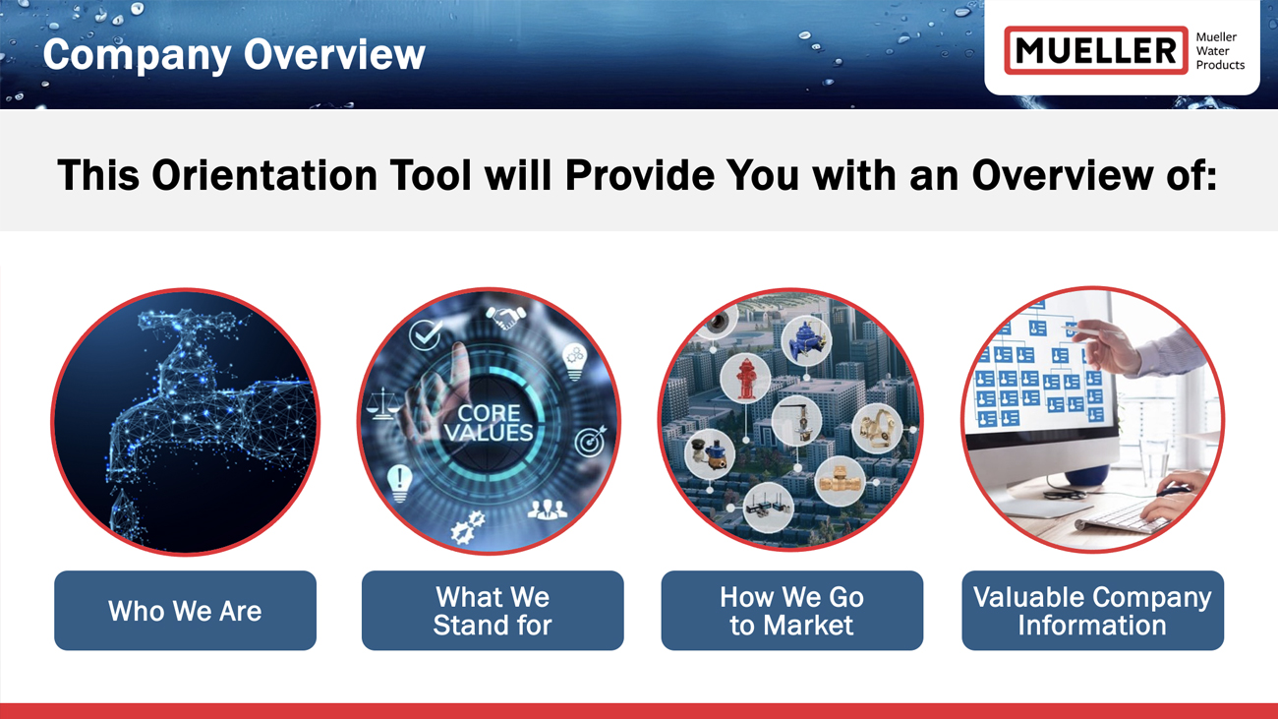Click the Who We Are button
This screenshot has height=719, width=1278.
[186, 610]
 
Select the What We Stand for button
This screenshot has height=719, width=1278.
[493, 610]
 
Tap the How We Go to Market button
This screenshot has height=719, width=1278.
[792, 610]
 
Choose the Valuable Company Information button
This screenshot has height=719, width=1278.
[1092, 610]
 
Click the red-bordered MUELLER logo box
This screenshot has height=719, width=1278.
[1096, 50]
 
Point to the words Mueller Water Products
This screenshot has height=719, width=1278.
[1220, 51]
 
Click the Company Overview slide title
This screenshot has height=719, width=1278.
[234, 55]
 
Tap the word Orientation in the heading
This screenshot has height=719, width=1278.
[264, 175]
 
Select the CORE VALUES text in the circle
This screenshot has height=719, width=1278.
[489, 423]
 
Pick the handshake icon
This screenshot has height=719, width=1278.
[505, 317]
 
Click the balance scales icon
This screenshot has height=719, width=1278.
[382, 403]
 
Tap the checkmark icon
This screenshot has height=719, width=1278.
[425, 333]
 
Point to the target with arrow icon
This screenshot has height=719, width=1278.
[590, 441]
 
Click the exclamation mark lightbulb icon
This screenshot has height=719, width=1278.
[400, 483]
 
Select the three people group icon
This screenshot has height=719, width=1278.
[548, 509]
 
